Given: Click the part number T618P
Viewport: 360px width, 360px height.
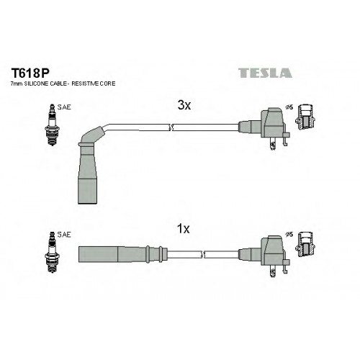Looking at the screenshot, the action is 30,73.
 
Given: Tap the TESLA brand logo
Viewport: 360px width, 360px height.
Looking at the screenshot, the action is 265,73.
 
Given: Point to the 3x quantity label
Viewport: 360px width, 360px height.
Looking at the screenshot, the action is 184,105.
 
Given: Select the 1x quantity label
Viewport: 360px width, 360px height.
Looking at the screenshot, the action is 184,229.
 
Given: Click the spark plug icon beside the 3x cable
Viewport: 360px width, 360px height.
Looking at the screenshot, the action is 52,125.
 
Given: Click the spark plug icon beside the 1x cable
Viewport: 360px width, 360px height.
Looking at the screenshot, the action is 52,252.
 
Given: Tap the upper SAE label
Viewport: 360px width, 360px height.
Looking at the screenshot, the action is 64,107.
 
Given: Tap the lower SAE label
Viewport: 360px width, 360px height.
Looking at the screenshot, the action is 64,235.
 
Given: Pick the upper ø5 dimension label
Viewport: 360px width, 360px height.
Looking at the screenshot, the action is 289,107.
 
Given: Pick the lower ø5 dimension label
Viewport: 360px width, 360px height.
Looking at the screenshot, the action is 289,235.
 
